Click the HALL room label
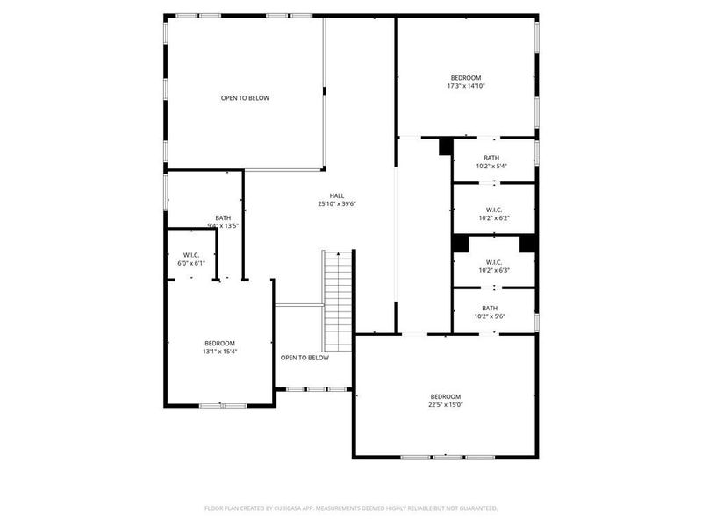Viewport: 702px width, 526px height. (337, 195)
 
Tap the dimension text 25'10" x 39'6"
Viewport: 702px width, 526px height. (337, 203)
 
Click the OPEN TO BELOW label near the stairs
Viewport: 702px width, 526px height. (304, 358)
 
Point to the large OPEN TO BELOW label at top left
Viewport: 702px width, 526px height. (245, 98)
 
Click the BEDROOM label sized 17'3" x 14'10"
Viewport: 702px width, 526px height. (466, 78)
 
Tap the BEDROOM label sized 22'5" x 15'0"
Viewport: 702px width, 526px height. (445, 396)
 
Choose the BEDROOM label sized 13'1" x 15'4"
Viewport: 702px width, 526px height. (220, 343)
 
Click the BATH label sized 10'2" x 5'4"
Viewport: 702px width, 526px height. (491, 158)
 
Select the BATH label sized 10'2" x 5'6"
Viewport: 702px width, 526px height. (490, 308)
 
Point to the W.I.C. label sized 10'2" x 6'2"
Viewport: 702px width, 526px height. (493, 210)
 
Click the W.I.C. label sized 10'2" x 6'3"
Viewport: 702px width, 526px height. (493, 262)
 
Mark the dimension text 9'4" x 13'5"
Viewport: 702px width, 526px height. (223, 226)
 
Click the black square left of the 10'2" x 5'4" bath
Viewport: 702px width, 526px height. (445, 146)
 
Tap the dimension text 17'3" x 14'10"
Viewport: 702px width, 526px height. (466, 86)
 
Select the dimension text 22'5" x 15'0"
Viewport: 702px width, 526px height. (445, 405)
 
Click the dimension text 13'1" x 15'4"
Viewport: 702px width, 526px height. (220, 352)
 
